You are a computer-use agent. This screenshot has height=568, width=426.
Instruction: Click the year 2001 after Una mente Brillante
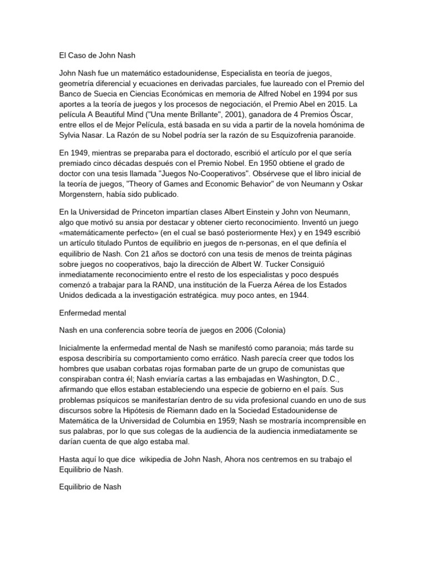[x=208, y=115]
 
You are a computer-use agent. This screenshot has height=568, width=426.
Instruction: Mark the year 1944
[x=296, y=296]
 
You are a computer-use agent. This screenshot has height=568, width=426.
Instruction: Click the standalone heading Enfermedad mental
[x=93, y=313]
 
